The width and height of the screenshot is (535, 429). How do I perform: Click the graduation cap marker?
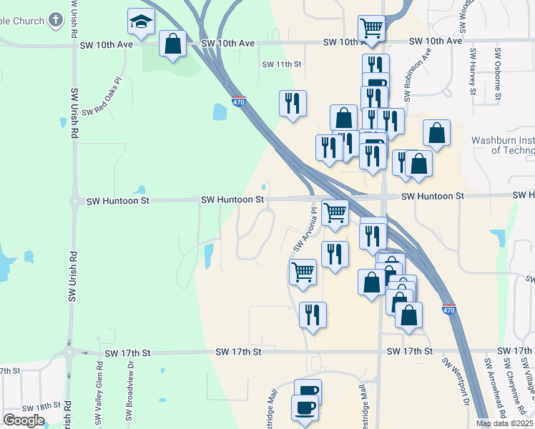(142, 24)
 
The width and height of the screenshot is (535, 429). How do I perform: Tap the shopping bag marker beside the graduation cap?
(172, 45)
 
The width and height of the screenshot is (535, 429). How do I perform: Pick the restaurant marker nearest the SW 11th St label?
(293, 104)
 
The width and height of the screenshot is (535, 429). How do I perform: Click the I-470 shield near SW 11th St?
(239, 102)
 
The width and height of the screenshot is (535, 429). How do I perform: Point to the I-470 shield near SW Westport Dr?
(448, 310)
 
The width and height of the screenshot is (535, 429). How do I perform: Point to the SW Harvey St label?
(473, 71)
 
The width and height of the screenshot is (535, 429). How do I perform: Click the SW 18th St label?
(42, 406)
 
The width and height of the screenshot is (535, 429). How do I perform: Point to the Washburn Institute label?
(503, 145)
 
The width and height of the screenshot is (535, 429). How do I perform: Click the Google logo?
(24, 420)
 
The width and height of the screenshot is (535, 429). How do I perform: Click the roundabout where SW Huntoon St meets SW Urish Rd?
(74, 202)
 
